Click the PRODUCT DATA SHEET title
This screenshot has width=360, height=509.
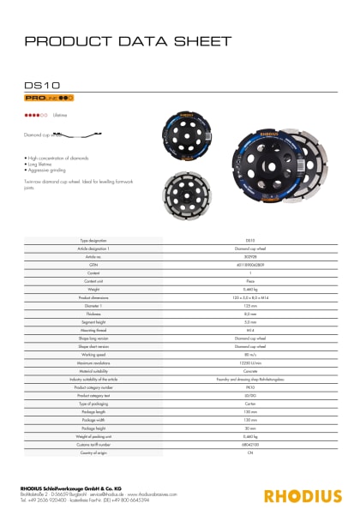(128, 40)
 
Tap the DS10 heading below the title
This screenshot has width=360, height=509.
(39, 86)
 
